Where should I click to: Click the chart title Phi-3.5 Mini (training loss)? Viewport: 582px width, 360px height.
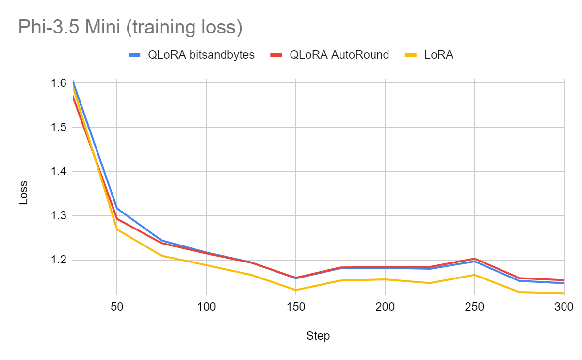click(x=130, y=28)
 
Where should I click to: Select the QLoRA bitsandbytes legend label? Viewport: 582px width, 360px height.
click(x=201, y=55)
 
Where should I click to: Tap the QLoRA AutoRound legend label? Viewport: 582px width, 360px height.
click(x=339, y=55)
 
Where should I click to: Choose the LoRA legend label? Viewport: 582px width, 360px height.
click(x=438, y=55)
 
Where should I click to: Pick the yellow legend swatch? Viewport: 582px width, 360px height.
click(x=411, y=55)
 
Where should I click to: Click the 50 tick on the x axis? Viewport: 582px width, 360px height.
click(x=117, y=307)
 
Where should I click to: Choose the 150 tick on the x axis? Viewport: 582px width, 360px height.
click(x=296, y=307)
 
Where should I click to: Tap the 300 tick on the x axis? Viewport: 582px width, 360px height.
click(x=564, y=307)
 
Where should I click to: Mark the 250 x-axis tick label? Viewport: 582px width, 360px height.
click(x=474, y=307)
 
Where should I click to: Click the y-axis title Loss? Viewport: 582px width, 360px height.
click(x=23, y=193)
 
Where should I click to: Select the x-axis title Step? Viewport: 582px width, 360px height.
click(x=318, y=336)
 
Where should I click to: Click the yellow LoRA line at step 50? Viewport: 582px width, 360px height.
click(x=117, y=229)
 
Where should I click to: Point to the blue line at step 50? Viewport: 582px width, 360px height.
click(x=117, y=209)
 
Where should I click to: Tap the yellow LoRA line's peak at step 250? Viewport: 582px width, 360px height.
click(x=474, y=275)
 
